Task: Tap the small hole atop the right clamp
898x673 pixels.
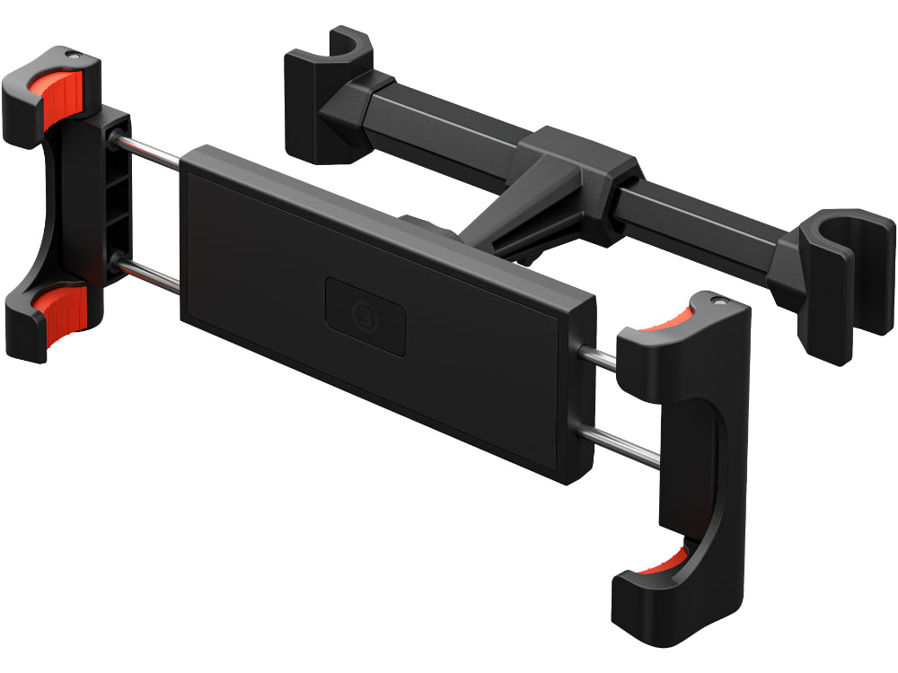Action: pyautogui.click(x=717, y=300)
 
